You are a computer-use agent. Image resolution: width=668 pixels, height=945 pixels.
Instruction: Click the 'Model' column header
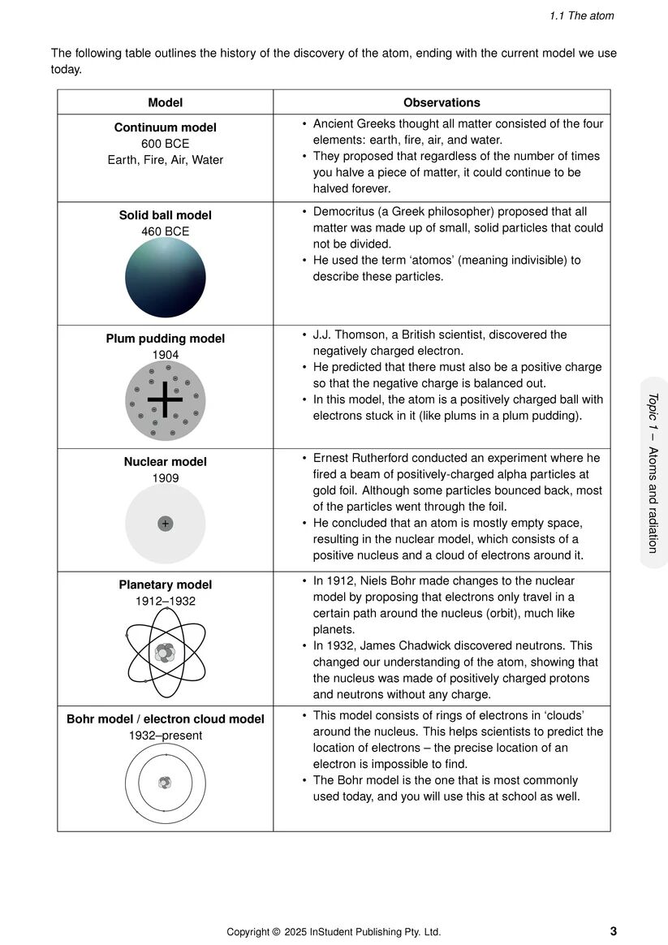point(165,103)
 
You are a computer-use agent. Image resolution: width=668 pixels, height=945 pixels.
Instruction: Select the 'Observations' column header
point(442,103)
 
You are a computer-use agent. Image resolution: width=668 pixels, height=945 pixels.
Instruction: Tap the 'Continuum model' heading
point(165,127)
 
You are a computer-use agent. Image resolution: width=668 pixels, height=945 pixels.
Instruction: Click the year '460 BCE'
point(165,231)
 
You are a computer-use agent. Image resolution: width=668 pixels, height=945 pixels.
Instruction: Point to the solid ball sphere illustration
point(165,277)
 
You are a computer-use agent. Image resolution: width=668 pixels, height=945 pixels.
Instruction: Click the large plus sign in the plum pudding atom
point(165,399)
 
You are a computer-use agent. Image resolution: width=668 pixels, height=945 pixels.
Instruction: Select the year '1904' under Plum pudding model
point(165,355)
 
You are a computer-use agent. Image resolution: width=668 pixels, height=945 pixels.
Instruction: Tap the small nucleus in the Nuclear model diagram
point(165,524)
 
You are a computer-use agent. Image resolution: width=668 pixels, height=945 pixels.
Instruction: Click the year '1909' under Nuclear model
point(165,478)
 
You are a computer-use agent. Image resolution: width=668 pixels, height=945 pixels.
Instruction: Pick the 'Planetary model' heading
point(165,585)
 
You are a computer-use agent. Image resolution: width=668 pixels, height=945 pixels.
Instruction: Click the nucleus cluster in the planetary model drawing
point(165,652)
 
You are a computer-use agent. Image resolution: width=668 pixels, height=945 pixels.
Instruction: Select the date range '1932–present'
point(165,736)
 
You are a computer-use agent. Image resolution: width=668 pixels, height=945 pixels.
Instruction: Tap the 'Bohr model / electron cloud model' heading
point(165,719)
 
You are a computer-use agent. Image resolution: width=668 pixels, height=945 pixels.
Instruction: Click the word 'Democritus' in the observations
point(345,211)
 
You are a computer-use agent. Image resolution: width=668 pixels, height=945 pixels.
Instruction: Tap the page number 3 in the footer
point(613,931)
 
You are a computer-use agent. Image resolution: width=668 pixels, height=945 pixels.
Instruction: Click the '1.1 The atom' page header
point(581,15)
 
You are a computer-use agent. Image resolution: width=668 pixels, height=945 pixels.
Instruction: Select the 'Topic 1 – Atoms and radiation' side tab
point(653,472)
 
